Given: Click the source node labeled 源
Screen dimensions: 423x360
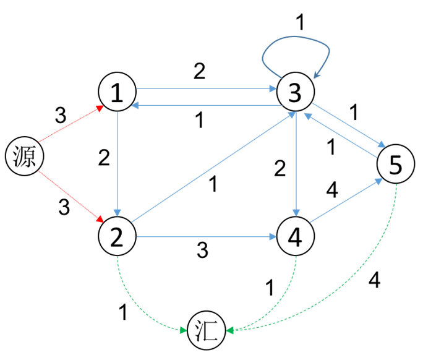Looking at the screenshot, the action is point(25,156).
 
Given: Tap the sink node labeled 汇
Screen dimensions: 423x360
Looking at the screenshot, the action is point(207,330).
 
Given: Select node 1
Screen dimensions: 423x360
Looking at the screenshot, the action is point(117,92).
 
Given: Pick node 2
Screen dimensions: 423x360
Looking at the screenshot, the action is point(117,236).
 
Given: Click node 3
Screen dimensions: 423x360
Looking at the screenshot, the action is point(296,92).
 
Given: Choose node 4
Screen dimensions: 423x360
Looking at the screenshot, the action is point(296,236).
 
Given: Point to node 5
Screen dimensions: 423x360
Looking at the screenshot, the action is point(396,164).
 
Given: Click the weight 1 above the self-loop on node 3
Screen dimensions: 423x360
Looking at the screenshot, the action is point(300,22).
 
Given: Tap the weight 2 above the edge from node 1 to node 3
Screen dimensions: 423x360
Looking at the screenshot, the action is point(199,71).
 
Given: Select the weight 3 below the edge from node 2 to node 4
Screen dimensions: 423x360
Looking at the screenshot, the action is point(202,250).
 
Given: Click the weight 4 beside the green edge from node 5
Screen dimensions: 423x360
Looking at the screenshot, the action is point(374,280).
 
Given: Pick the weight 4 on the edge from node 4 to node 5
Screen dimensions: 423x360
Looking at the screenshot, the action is point(332,190).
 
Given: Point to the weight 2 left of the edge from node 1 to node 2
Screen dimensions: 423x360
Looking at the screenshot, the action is point(104,158).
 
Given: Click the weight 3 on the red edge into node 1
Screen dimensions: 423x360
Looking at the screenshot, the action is point(61,115).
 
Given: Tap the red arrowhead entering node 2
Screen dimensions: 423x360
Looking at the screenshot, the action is point(100,219).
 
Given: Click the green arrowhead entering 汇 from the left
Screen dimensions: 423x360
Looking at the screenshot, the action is point(184,330).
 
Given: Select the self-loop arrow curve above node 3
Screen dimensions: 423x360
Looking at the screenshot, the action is point(296,43).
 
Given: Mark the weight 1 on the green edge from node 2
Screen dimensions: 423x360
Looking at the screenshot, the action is point(123,312).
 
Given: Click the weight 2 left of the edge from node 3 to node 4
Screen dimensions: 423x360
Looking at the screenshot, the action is point(280,168).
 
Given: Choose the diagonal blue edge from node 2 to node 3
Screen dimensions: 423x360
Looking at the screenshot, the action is point(213,167).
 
